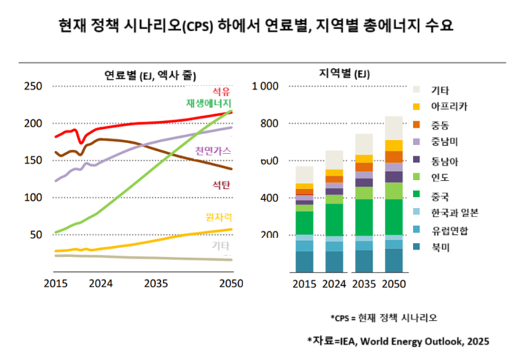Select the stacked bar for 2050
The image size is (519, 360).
[393, 194]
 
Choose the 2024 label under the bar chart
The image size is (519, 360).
[334, 284]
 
